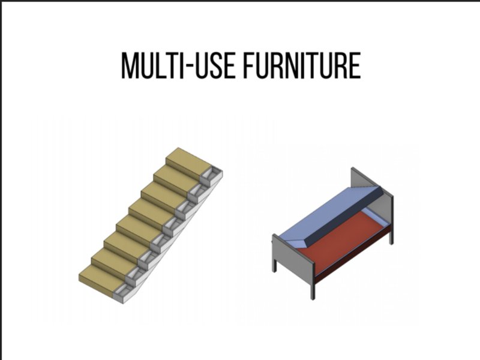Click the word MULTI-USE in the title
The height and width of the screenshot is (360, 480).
178,65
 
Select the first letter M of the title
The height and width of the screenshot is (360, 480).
129,65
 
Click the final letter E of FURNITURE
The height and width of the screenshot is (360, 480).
355,65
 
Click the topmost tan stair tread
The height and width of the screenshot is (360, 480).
189,163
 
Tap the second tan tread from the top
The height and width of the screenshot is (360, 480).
176,180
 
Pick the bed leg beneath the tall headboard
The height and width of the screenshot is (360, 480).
391,236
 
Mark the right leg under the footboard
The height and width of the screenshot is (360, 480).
312,290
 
